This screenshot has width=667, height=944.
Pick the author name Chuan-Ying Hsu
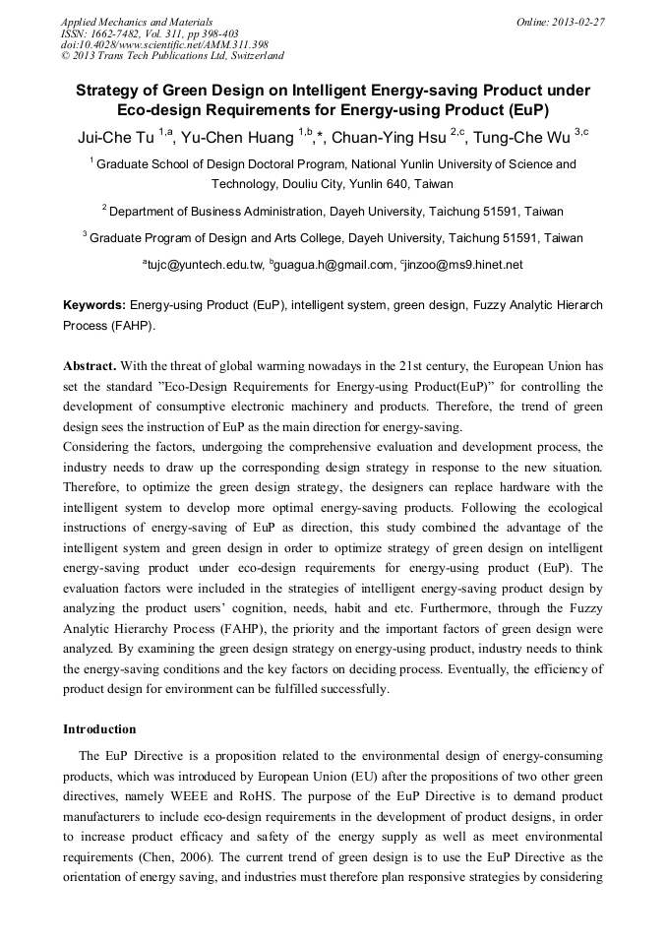click(x=389, y=137)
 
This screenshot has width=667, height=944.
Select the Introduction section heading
click(x=99, y=729)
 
